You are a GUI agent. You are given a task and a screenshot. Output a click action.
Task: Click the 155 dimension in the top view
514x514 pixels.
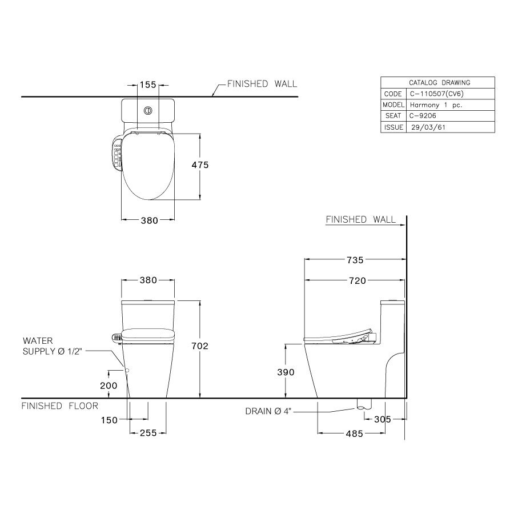tap(148, 85)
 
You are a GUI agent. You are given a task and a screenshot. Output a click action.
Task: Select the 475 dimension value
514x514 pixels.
tap(199, 164)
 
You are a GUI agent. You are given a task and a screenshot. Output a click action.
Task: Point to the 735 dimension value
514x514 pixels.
tap(354, 260)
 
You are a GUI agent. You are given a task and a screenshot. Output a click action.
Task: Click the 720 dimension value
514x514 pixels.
tap(354, 280)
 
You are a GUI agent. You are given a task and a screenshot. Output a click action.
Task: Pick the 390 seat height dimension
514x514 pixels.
tap(285, 372)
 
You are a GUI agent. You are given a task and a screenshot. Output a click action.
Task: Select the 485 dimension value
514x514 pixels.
tap(354, 434)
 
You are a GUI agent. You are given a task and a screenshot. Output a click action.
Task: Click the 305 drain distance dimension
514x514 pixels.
tap(382, 419)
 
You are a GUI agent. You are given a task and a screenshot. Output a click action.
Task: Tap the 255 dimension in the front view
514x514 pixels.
tap(148, 433)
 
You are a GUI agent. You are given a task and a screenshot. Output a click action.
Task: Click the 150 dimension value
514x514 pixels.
tap(109, 420)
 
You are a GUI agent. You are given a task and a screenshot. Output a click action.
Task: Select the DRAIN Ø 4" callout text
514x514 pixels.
tap(268, 411)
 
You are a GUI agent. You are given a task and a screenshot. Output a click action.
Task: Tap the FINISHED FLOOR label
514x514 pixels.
tap(59, 406)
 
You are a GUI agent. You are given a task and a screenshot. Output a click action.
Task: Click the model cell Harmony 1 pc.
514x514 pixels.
tap(436, 105)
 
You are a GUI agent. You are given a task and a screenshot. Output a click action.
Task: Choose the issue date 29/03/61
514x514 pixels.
tap(428, 127)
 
